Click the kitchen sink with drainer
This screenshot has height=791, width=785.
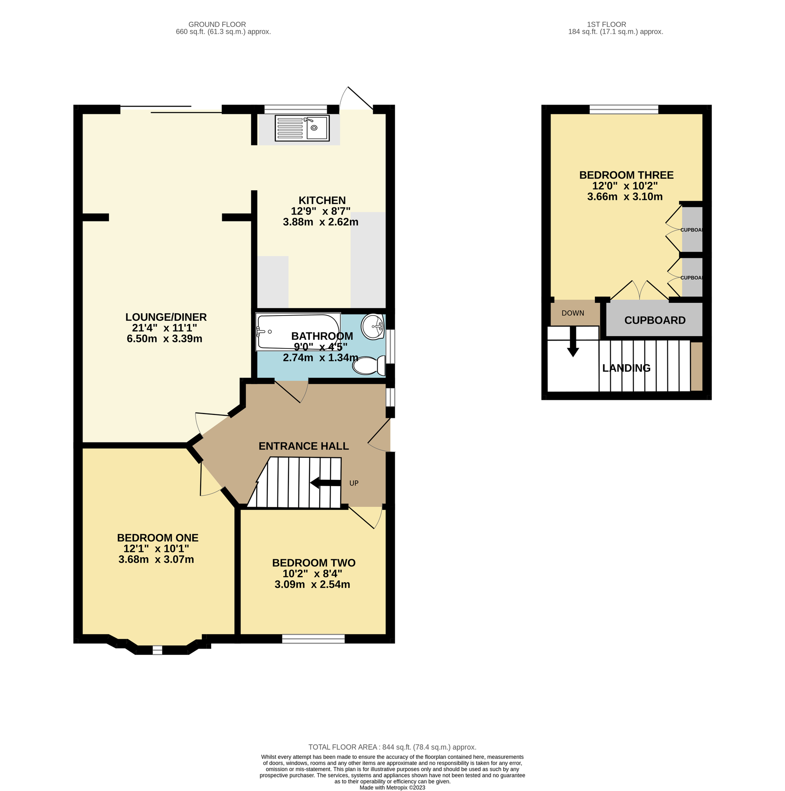tap(302, 128)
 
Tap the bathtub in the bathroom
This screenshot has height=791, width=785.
tap(299, 332)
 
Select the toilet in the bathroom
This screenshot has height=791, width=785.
tap(368, 365)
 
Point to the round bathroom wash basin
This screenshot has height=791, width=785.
tap(373, 327)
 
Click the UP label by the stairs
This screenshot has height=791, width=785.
tap(354, 483)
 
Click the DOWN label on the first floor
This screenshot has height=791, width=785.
tap(573, 313)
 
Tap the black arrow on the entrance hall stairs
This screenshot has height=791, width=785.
tap(325, 483)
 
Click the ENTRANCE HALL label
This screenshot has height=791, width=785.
tap(303, 446)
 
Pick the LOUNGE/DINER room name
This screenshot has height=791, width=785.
tap(166, 317)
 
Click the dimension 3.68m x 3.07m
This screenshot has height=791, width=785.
tap(156, 559)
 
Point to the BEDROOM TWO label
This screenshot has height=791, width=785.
tap(313, 562)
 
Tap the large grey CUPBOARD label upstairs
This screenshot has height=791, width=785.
tap(655, 320)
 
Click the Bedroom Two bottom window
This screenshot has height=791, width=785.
tap(313, 639)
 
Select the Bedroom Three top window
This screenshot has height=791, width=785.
tap(623, 109)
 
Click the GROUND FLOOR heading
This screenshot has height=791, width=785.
tap(217, 25)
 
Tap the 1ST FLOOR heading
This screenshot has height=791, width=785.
tap(606, 25)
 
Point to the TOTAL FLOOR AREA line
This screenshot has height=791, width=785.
tap(392, 747)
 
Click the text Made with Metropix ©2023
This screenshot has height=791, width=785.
tap(392, 787)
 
